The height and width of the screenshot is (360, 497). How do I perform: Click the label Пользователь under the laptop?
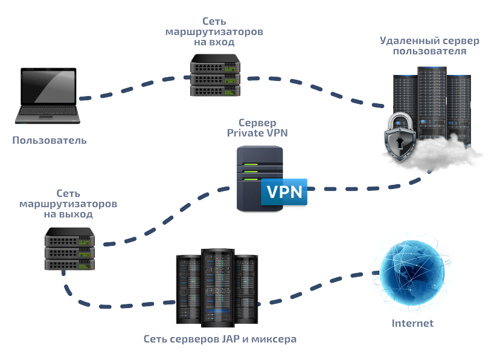pos(50,141)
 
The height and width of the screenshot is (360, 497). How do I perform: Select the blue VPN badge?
pos(284,192)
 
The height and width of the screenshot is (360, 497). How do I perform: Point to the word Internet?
pos(412,323)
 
